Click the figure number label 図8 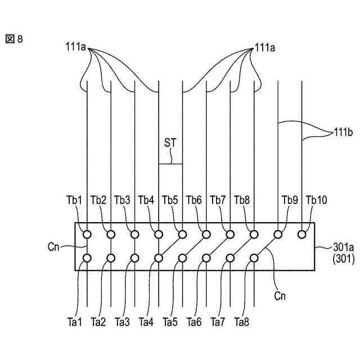15,40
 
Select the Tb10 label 316,200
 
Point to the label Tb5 170,200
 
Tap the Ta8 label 242,322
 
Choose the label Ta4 146,322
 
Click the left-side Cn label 55,245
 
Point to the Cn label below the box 280,294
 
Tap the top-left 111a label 76,48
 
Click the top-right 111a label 264,48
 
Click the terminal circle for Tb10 302,233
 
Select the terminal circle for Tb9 278,233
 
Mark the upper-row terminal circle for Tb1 87,233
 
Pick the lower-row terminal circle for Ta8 254,258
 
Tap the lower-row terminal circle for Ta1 87,258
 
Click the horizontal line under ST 170,164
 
